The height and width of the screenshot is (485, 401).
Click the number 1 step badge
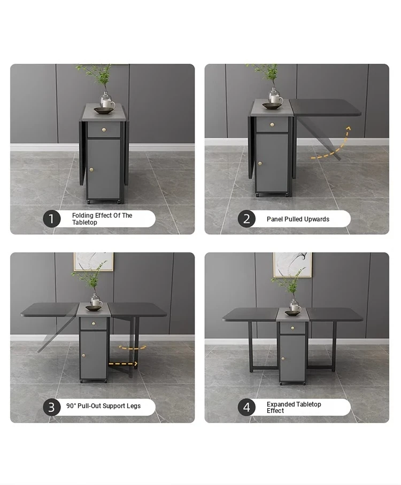pyautogui.click(x=51, y=219)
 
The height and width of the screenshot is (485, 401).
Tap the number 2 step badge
pyautogui.click(x=246, y=219)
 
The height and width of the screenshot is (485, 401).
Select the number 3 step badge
pyautogui.click(x=51, y=407)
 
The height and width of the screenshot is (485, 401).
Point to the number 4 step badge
pyautogui.click(x=246, y=407)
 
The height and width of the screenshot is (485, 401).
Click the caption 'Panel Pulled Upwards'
pyautogui.click(x=298, y=219)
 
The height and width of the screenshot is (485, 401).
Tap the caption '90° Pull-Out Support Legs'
pyautogui.click(x=103, y=406)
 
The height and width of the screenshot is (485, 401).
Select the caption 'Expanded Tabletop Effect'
pyautogui.click(x=294, y=407)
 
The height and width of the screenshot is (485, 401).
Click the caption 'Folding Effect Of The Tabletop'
pyautogui.click(x=102, y=219)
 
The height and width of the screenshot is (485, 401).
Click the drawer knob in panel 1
pyautogui.click(x=104, y=130)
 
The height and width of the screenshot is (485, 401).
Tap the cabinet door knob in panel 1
pyautogui.click(x=91, y=169)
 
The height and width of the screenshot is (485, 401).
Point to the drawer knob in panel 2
pyautogui.click(x=272, y=125)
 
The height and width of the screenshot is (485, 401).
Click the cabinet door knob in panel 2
pyautogui.click(x=260, y=163)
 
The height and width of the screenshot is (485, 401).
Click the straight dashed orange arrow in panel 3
pyautogui.click(x=123, y=364)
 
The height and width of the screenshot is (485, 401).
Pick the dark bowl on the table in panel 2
pyautogui.click(x=272, y=106)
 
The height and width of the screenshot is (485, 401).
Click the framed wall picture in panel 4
pyautogui.click(x=292, y=265)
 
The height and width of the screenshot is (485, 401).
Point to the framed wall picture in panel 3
pyautogui.click(x=93, y=261)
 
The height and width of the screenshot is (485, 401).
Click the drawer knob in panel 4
pyautogui.click(x=292, y=328)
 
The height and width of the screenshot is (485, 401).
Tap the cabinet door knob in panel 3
pyautogui.click(x=83, y=355)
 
